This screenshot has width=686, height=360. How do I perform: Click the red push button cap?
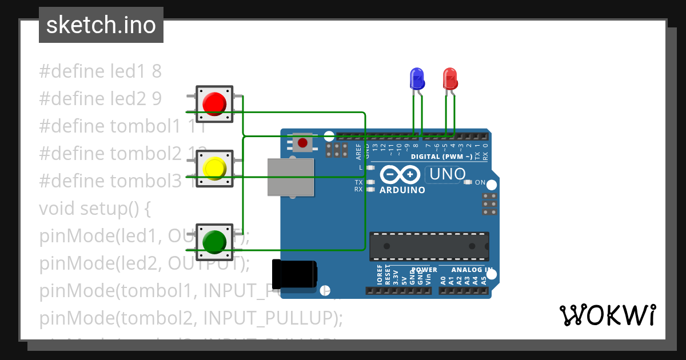click(x=214, y=103)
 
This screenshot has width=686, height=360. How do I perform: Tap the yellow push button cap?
click(x=214, y=168)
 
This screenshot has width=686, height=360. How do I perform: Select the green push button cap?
click(x=214, y=241)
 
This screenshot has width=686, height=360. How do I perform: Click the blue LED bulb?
click(x=417, y=78)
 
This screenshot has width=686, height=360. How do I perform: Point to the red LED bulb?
click(x=450, y=78)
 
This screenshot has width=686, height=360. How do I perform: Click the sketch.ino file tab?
click(x=101, y=25)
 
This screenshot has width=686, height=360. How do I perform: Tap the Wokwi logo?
click(x=607, y=315)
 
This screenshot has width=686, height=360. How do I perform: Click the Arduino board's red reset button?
click(x=302, y=142)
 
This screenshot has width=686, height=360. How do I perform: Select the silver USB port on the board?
click(x=290, y=177)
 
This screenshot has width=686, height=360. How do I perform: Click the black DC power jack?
click(x=294, y=274)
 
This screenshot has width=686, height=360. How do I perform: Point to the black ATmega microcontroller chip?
click(x=429, y=246)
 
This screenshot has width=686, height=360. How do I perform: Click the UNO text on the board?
click(x=447, y=174)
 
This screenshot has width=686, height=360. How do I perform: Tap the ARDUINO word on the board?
click(x=402, y=190)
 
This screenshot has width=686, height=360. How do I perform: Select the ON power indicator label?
click(x=480, y=183)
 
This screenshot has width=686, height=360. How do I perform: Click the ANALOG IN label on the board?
click(x=472, y=270)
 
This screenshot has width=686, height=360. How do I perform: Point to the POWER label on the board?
click(x=424, y=270)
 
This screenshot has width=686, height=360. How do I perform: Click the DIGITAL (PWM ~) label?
click(x=442, y=156)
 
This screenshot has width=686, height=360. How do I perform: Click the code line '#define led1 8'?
click(x=101, y=71)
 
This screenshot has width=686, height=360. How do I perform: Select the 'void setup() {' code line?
click(x=95, y=209)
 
